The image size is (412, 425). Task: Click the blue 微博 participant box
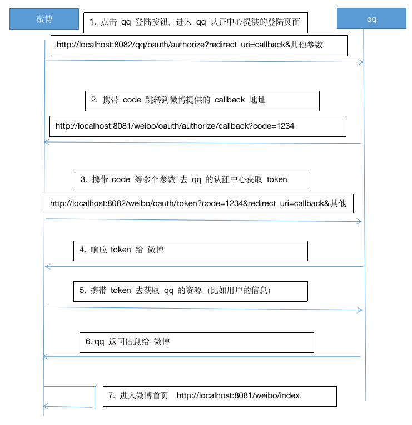coord(44,19)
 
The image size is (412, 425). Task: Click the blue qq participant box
coord(371,19)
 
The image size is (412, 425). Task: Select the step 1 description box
coord(196,22)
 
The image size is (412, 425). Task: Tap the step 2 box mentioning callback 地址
coord(202,100)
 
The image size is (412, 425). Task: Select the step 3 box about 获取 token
coord(192,180)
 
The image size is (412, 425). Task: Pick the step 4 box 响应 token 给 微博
coord(190,251)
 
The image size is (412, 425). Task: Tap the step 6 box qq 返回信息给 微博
coord(197,342)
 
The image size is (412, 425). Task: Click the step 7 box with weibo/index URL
coord(220,396)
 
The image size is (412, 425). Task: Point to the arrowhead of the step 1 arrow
coord(361,62)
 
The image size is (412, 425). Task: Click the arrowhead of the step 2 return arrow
coord(46,143)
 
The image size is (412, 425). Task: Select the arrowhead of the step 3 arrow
coord(360,222)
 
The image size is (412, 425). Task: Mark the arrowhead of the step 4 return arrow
coord(47,267)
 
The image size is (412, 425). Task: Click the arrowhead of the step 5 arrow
coord(360,309)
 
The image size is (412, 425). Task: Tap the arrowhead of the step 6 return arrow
coord(45,356)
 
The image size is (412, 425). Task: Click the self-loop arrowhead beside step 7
coord(46,407)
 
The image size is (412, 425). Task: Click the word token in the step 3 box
coord(277,180)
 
